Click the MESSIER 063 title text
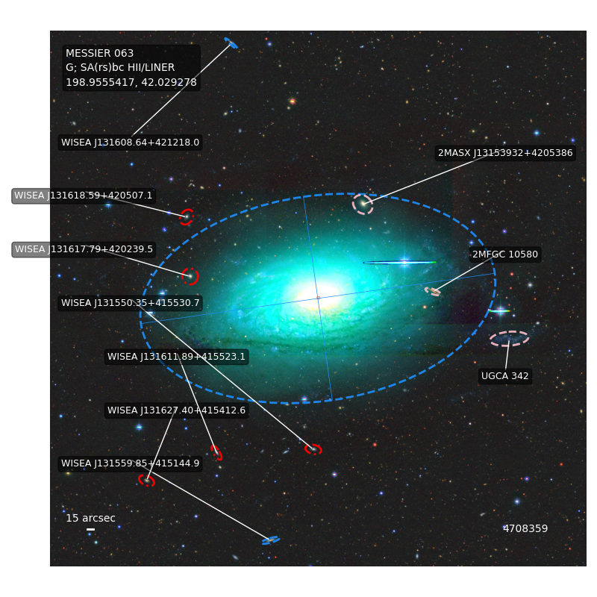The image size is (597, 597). [x=99, y=53]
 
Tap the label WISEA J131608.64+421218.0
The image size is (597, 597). [x=130, y=143]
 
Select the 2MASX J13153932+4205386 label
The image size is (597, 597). [x=505, y=153]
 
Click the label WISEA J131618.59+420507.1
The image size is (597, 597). [x=84, y=196]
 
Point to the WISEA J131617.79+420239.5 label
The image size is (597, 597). [x=84, y=249]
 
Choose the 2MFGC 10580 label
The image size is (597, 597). [x=505, y=254]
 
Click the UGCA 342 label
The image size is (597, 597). [x=505, y=376]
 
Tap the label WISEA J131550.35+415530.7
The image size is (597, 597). [x=130, y=303]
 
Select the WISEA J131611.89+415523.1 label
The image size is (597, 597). [x=177, y=357]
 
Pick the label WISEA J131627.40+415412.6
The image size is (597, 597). [x=177, y=410]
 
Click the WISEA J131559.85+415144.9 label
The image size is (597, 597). [x=130, y=463]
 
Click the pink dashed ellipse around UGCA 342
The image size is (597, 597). [x=510, y=331]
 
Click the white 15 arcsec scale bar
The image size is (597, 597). [x=90, y=529]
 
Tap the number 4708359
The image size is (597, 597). [x=525, y=528]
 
